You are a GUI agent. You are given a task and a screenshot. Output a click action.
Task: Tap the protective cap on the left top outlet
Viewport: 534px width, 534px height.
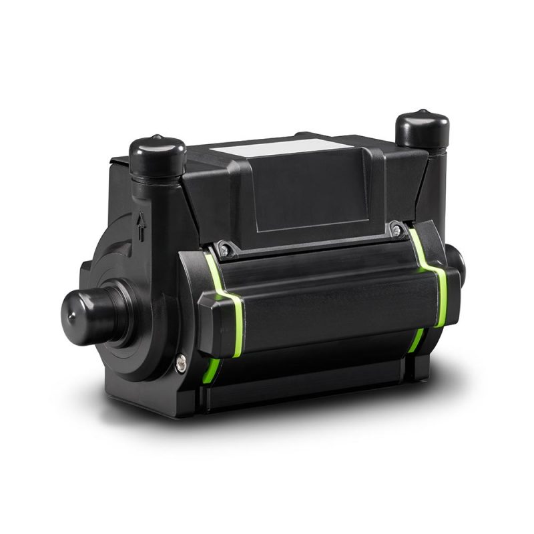pyautogui.click(x=158, y=155)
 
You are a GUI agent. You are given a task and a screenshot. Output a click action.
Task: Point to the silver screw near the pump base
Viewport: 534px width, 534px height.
pyautogui.click(x=180, y=364)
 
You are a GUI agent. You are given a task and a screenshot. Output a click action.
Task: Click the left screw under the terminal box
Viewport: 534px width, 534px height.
pyautogui.click(x=226, y=251)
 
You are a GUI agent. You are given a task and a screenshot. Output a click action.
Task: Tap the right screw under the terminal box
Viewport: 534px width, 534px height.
pyautogui.click(x=396, y=230)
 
